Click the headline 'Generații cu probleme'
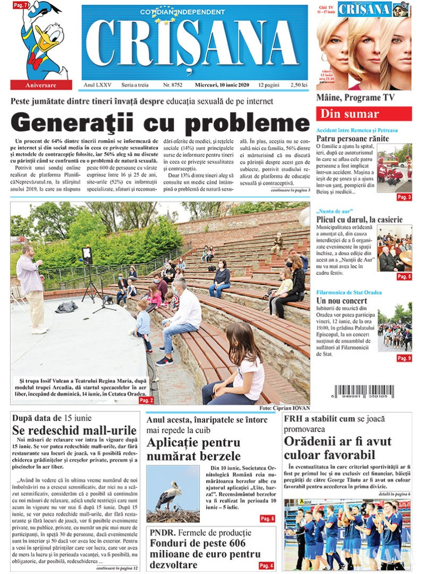point(159,122)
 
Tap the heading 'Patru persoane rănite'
point(352,139)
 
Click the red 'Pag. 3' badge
point(404,197)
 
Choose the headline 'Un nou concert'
point(341,301)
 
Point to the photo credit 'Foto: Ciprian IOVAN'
point(284,408)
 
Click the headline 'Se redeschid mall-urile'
point(74,430)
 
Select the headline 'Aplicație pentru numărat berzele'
point(193,449)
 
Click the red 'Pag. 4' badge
point(266,565)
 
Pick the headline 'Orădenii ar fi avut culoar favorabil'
point(337,448)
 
